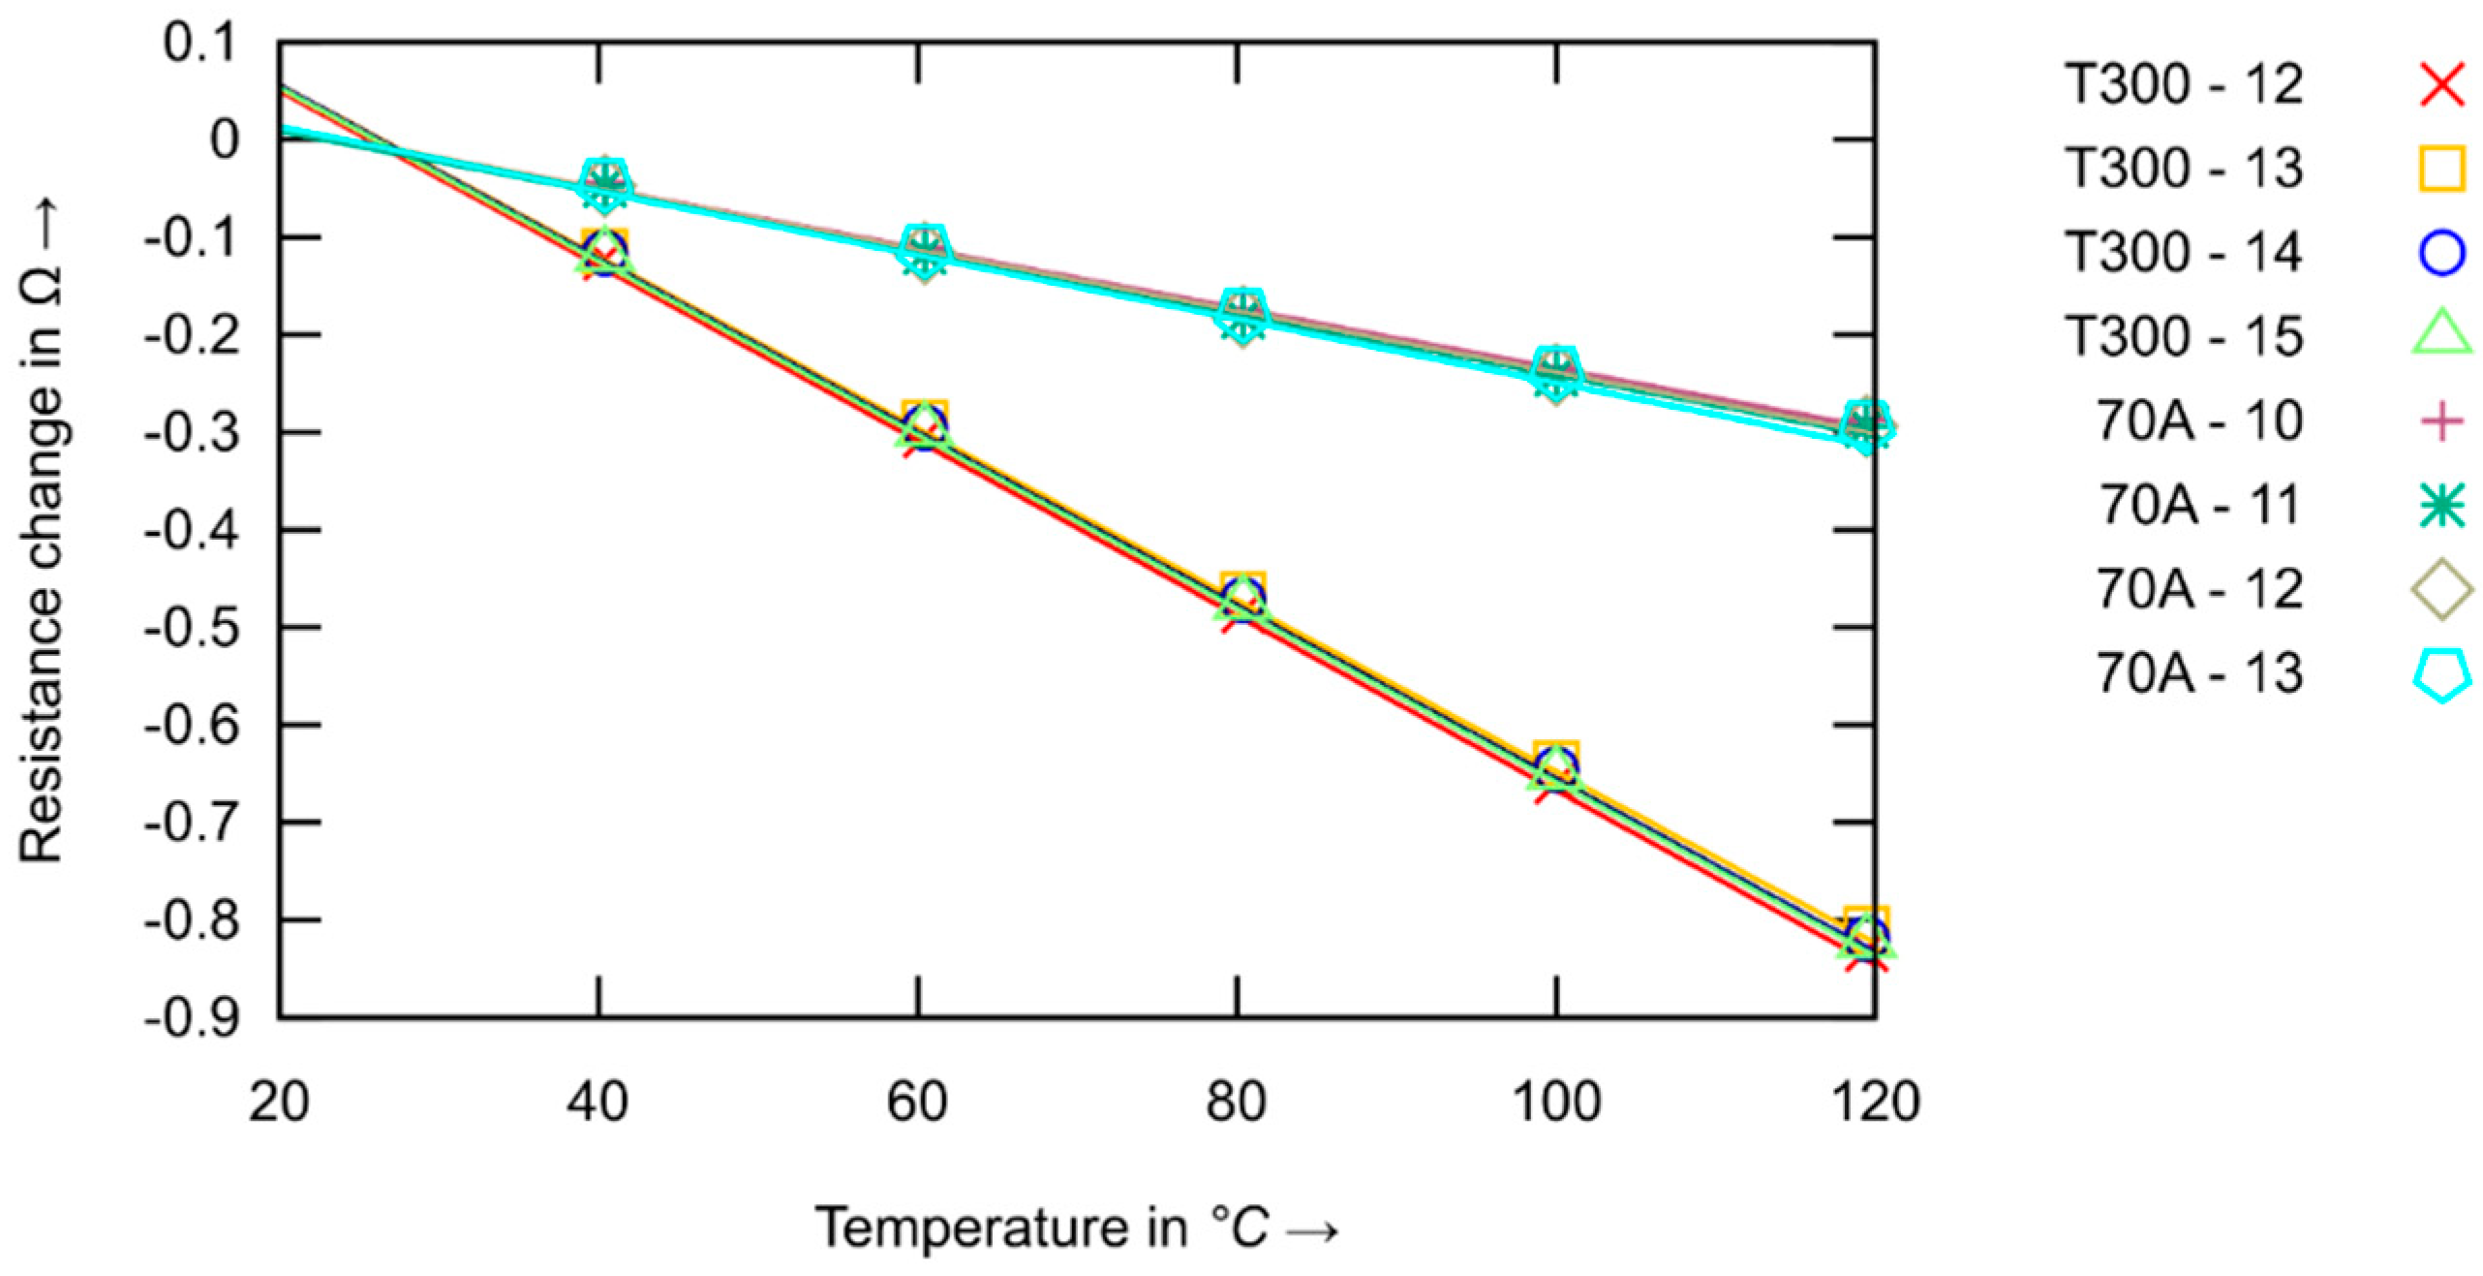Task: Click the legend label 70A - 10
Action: tap(2198, 421)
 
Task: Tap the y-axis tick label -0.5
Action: tap(192, 628)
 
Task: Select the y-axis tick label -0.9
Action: tap(192, 1018)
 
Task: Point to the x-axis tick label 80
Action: tap(1236, 1102)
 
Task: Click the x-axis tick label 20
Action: tap(279, 1102)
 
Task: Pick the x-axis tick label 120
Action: tap(1876, 1102)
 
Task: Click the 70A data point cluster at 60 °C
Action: tap(923, 249)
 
